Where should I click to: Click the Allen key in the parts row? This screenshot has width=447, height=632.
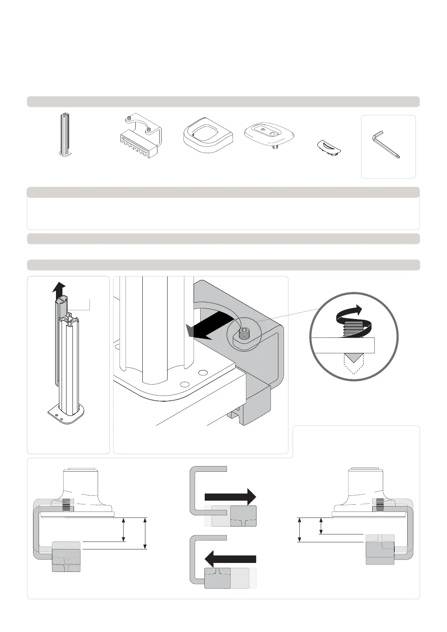click(385, 144)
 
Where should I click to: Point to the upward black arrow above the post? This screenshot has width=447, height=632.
click(59, 289)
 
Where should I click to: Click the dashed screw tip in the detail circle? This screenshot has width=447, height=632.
click(353, 363)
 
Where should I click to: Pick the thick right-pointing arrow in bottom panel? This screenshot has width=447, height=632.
click(230, 497)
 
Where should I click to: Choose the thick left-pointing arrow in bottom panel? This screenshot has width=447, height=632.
click(230, 559)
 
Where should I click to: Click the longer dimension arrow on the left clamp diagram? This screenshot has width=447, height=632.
click(145, 533)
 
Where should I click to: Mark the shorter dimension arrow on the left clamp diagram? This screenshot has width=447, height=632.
click(124, 530)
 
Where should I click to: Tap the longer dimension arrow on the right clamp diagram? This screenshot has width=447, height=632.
click(299, 530)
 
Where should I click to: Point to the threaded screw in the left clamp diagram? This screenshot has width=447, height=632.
click(66, 505)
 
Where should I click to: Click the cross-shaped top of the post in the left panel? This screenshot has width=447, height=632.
click(72, 322)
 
